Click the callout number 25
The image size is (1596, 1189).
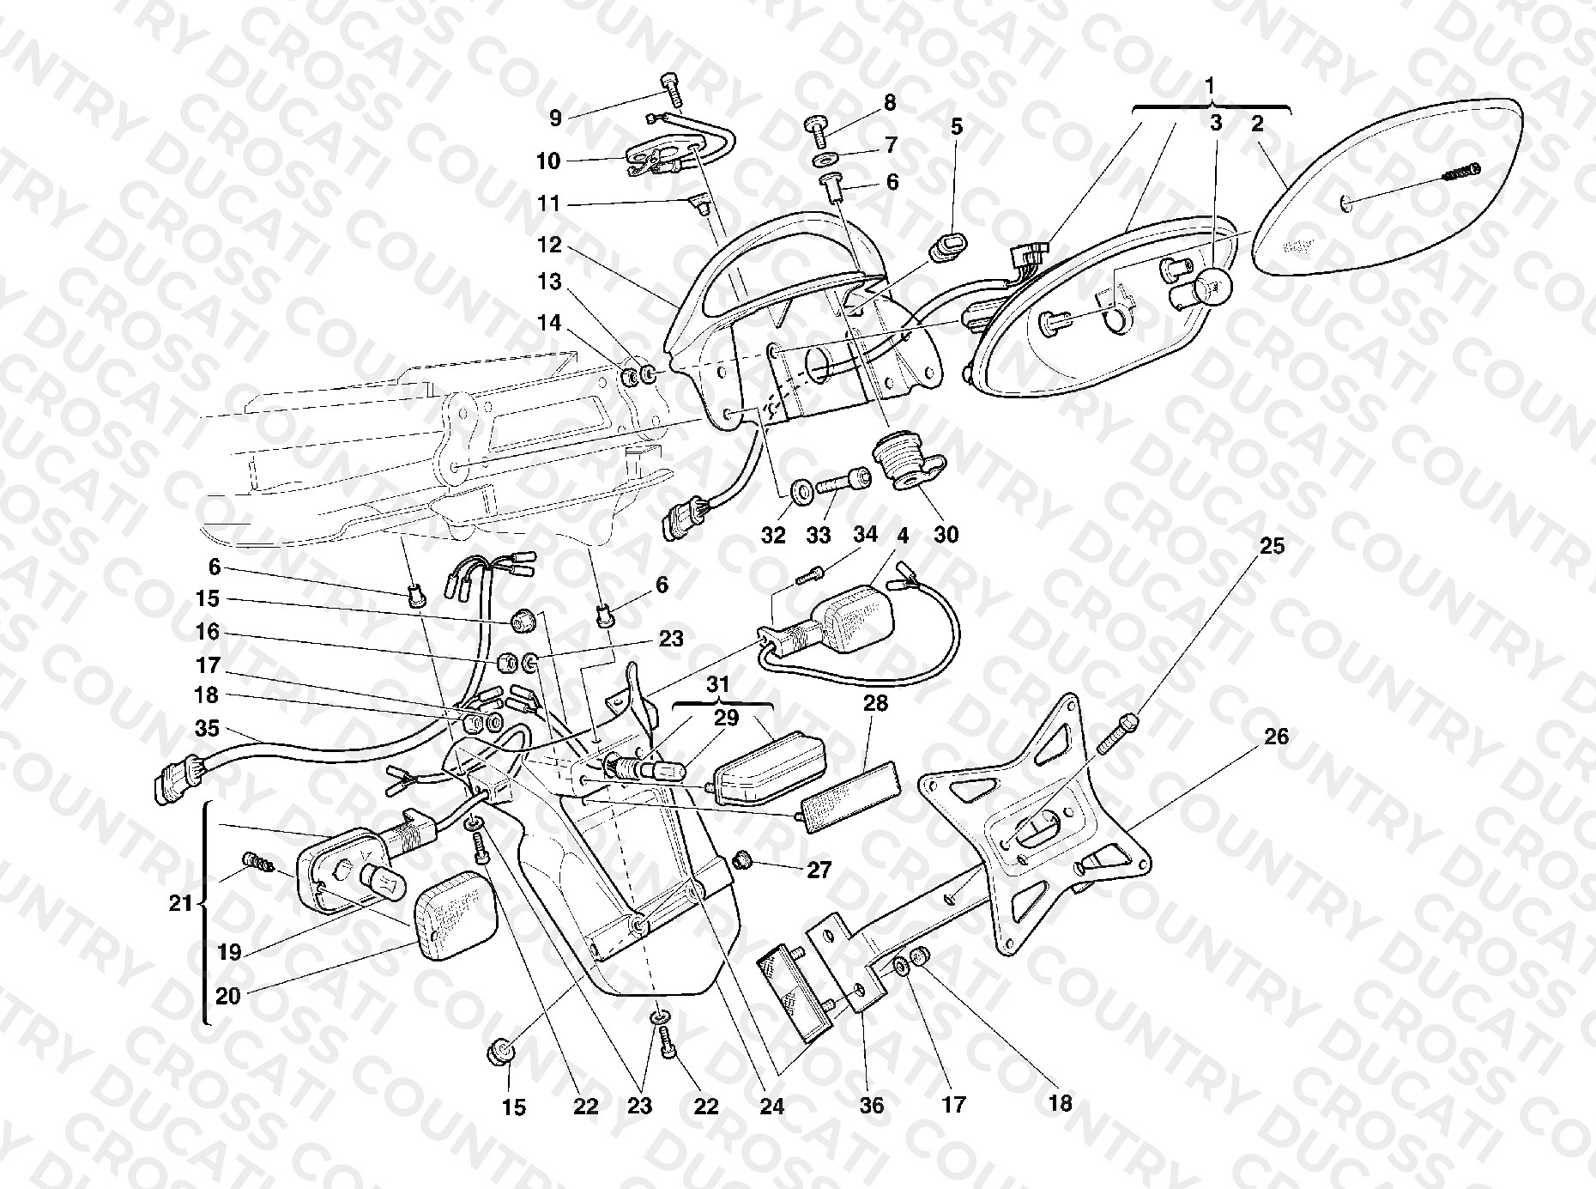[x=1272, y=546]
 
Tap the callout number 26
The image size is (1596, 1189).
[x=1276, y=737]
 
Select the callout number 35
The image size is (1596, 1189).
[x=207, y=729]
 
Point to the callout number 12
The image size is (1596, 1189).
[x=549, y=246]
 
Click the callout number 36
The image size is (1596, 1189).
[x=871, y=1105]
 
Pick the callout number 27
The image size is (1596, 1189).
[x=819, y=871]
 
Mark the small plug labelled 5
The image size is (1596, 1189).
[x=946, y=242]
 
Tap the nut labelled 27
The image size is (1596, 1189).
[x=745, y=859]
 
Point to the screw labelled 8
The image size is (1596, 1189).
[x=816, y=131]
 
